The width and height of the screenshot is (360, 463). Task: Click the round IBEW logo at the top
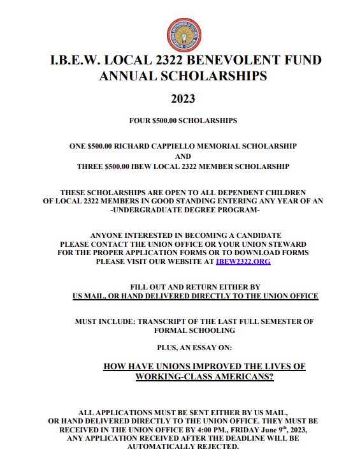pyautogui.click(x=184, y=34)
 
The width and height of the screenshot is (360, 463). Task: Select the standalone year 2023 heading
pyautogui.click(x=183, y=99)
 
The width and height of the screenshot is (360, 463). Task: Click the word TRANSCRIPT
pyautogui.click(x=166, y=321)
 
